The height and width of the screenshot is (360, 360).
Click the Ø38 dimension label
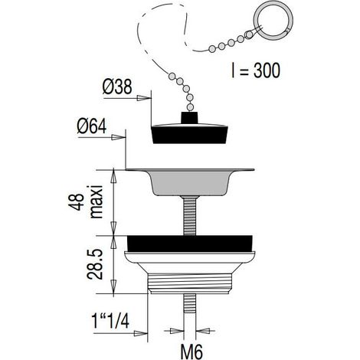117,87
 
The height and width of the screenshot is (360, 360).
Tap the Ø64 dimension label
92,126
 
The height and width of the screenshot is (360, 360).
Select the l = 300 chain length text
255,70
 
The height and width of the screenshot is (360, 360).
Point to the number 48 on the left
76,202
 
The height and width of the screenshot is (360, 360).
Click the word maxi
97,202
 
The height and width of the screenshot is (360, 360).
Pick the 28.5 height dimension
95,264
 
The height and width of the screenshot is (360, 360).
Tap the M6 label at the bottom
191,352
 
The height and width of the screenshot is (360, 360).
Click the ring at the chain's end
274,21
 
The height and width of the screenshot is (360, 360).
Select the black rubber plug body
190,134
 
